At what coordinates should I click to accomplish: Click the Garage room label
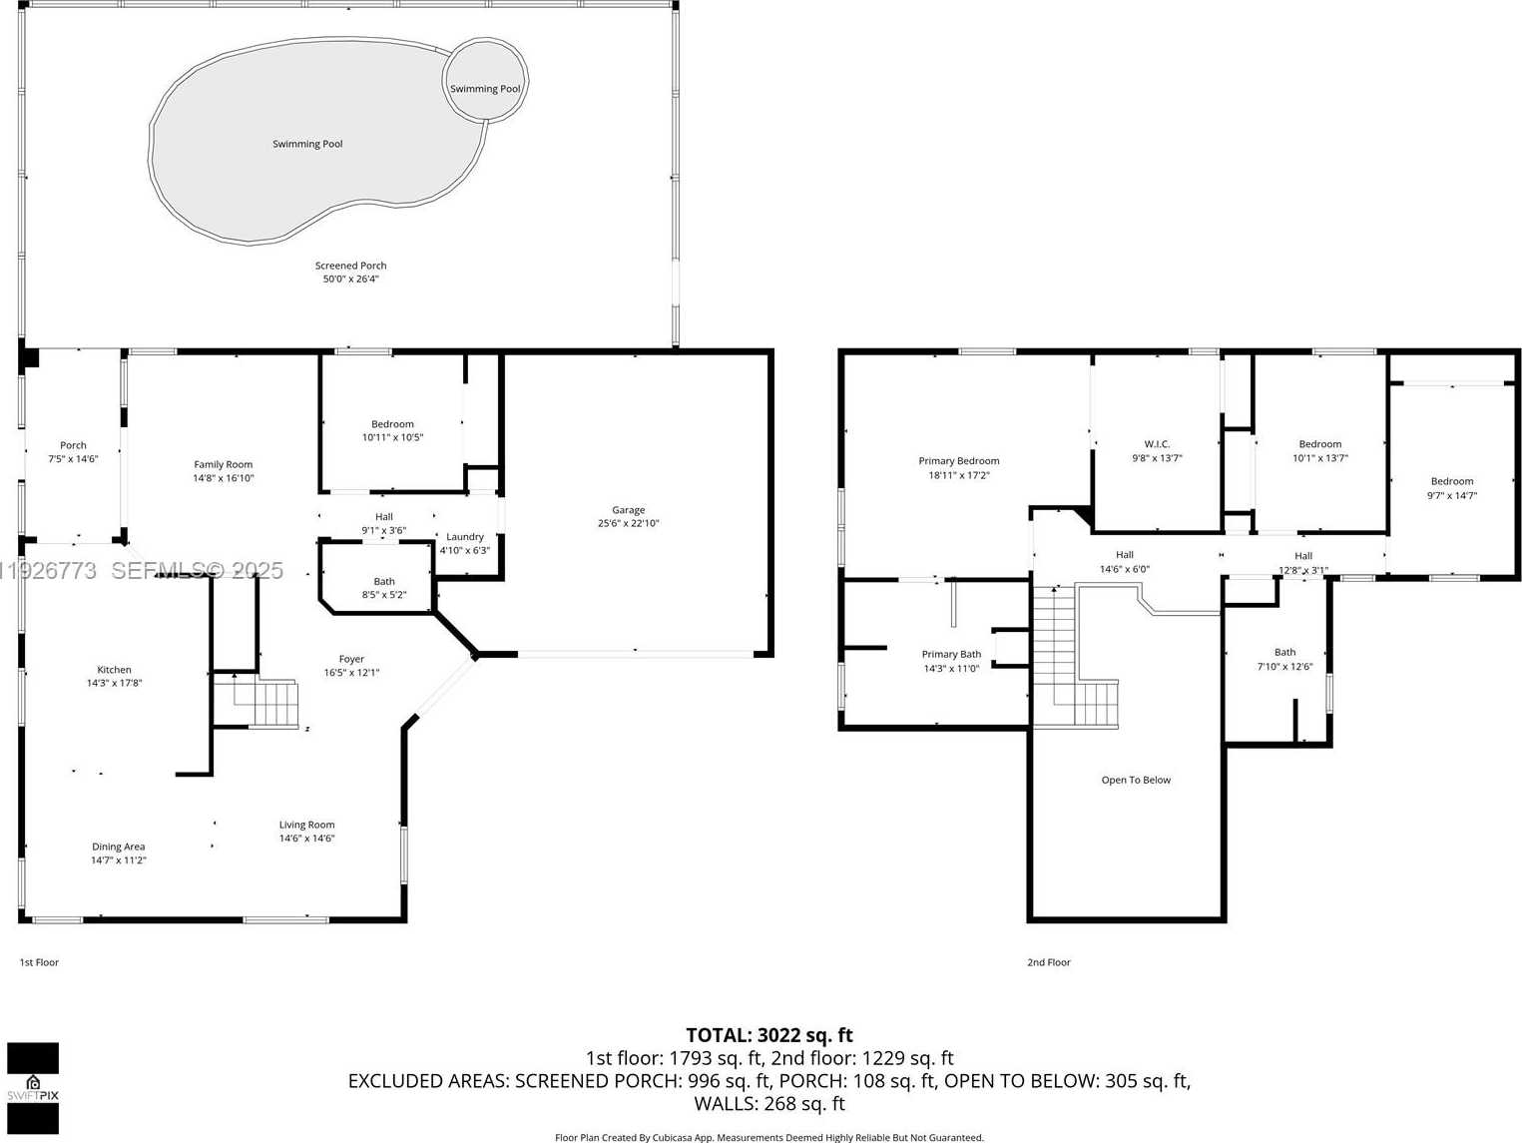pos(628,510)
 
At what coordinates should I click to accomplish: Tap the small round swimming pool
pos(485,80)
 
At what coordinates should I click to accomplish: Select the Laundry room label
pos(465,537)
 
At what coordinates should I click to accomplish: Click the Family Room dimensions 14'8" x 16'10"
pos(224,478)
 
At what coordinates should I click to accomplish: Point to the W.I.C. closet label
pos(1157,444)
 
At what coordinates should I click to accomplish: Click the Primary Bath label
pos(951,655)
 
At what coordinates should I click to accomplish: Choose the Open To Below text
pos(1136,780)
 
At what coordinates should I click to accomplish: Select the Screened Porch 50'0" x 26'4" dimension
pos(350,279)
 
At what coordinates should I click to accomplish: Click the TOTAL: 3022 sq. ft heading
pos(768,1035)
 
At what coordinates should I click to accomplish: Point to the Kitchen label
pos(114,670)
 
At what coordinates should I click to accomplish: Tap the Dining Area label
pos(119,847)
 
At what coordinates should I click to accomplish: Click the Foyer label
pos(351,659)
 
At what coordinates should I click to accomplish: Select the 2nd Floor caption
pos(1048,962)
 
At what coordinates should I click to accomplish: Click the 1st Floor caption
pos(39,962)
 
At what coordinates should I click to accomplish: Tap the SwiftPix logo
pos(33,1088)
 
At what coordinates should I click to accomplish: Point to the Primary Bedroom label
pos(958,461)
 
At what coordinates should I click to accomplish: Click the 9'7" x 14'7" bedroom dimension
pos(1451,495)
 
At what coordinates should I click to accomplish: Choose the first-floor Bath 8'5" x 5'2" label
pos(384,588)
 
